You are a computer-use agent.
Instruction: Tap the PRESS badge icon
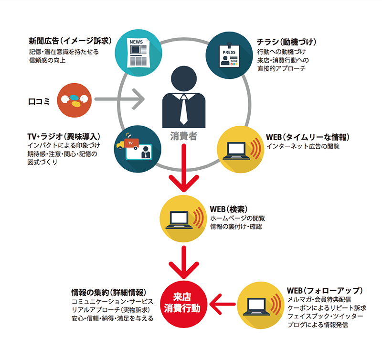point(229,55)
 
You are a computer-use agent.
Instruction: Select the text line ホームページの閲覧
point(237,218)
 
